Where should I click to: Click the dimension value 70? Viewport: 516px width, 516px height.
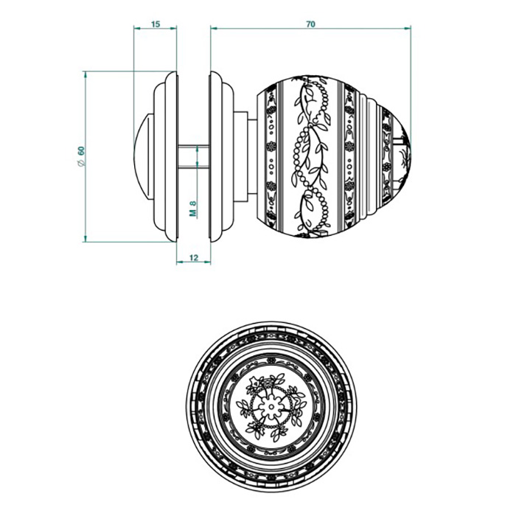coord(310,24)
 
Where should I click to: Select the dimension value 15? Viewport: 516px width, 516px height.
coord(156,24)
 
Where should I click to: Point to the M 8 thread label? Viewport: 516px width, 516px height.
coord(193,209)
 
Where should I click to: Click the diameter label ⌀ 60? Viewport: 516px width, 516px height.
coord(81,156)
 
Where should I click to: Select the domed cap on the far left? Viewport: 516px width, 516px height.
coord(142,156)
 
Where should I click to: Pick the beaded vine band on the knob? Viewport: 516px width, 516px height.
coord(310,156)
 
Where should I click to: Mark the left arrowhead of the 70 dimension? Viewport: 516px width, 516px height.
coord(214,29)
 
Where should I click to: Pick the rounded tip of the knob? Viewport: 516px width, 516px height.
coord(405,156)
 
